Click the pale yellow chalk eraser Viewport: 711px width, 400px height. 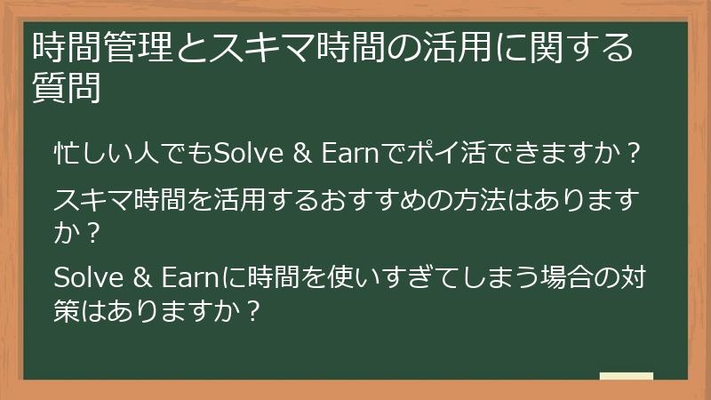[626, 376]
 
